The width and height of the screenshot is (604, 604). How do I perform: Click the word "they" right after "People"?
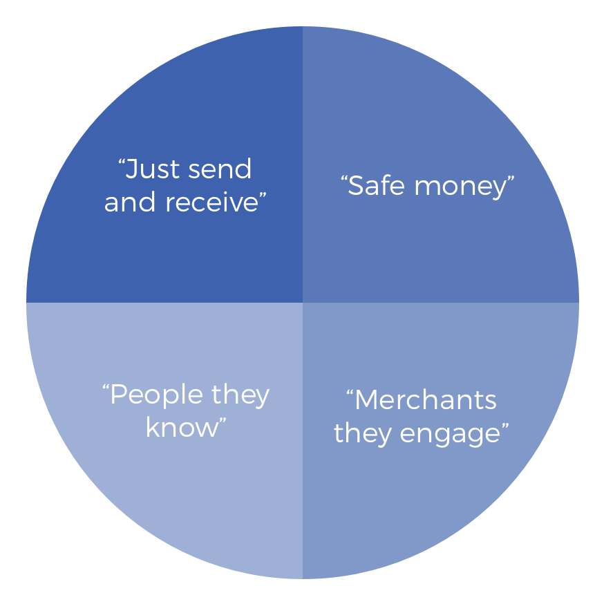point(240,395)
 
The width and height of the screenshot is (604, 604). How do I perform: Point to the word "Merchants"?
point(426,400)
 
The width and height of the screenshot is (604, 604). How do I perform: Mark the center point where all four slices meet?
point(303,303)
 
